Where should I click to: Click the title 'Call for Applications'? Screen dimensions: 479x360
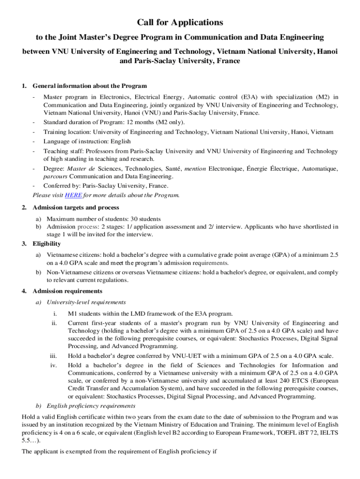tap(180, 22)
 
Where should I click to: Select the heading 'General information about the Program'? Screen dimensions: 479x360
tap(90, 86)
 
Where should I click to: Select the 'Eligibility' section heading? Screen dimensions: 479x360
tap(46, 244)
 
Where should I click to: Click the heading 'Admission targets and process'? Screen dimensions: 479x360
tap(76, 207)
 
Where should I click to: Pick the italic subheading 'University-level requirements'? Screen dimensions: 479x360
tap(86, 302)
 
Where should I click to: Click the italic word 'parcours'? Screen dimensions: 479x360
tap(55, 176)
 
